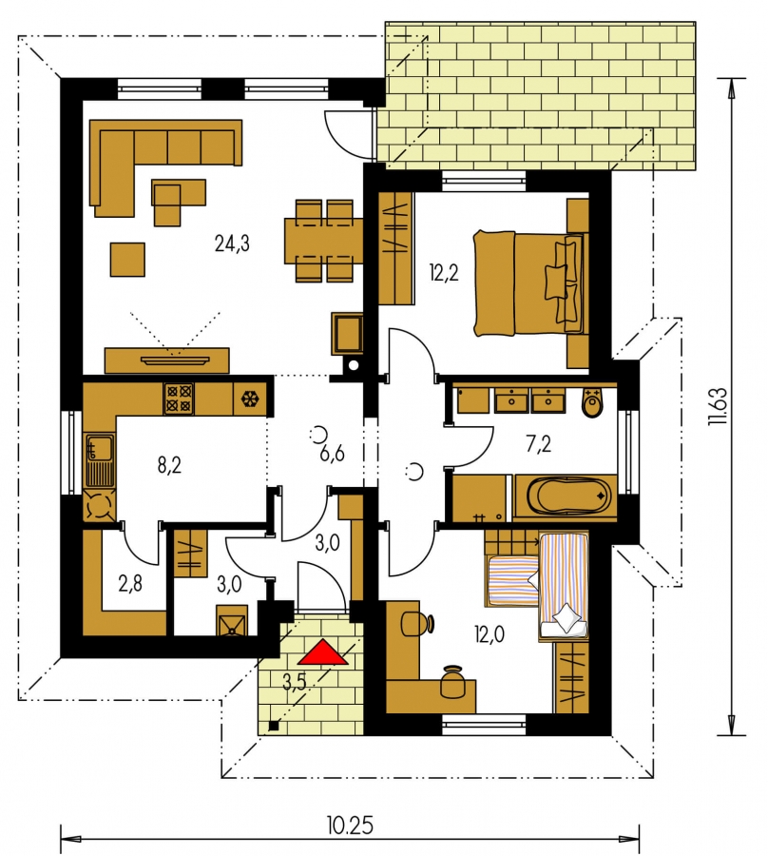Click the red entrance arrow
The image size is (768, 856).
pyautogui.click(x=322, y=652)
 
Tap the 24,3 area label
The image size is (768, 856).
pyautogui.click(x=232, y=243)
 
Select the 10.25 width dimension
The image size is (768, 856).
pyautogui.click(x=350, y=826)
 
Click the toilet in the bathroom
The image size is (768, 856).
pyautogui.click(x=592, y=402)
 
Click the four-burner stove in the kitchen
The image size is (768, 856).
pyautogui.click(x=179, y=399)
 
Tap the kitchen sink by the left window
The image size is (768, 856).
pyautogui.click(x=99, y=459)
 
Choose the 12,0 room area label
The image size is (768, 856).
pyautogui.click(x=490, y=634)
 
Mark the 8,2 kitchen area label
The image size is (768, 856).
pyautogui.click(x=169, y=466)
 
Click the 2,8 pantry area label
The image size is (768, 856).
pyautogui.click(x=130, y=584)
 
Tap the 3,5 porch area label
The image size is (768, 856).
pyautogui.click(x=295, y=683)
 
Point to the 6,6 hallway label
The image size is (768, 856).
pyautogui.click(x=332, y=453)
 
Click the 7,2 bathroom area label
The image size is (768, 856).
pyautogui.click(x=538, y=444)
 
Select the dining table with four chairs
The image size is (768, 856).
pyautogui.click(x=324, y=241)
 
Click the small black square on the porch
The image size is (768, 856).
pyautogui.click(x=274, y=726)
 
